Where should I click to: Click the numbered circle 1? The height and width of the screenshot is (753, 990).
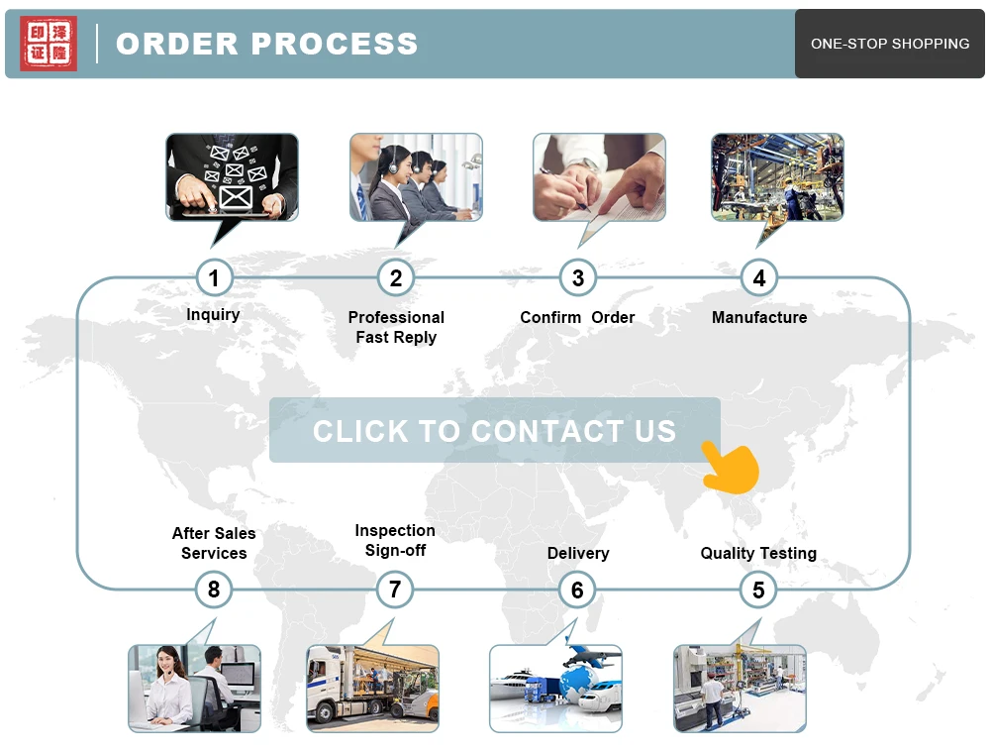tap(214, 277)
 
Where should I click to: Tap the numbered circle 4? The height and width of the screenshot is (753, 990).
tap(759, 277)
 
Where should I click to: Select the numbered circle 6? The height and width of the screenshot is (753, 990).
tap(577, 591)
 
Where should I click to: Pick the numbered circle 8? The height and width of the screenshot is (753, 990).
tap(214, 591)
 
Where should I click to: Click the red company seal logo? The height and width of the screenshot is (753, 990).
tap(49, 44)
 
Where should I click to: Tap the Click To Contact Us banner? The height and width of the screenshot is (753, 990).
tap(494, 430)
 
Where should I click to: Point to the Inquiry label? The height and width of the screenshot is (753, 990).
tap(213, 315)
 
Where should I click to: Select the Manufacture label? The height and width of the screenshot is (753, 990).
tap(759, 317)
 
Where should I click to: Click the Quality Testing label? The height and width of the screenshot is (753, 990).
tap(758, 554)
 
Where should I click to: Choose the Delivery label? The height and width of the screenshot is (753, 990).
tap(578, 554)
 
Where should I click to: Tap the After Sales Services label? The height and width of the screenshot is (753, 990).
tap(214, 543)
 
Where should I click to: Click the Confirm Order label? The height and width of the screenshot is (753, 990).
tap(577, 317)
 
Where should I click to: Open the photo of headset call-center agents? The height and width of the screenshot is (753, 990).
tap(416, 177)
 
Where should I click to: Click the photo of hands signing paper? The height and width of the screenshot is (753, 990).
tap(599, 177)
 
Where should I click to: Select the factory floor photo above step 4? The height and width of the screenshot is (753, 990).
tap(777, 177)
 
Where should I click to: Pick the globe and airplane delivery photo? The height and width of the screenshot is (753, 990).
tap(555, 689)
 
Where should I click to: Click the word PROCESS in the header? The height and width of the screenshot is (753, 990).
tap(335, 44)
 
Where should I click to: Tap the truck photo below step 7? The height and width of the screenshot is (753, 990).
tap(372, 689)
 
